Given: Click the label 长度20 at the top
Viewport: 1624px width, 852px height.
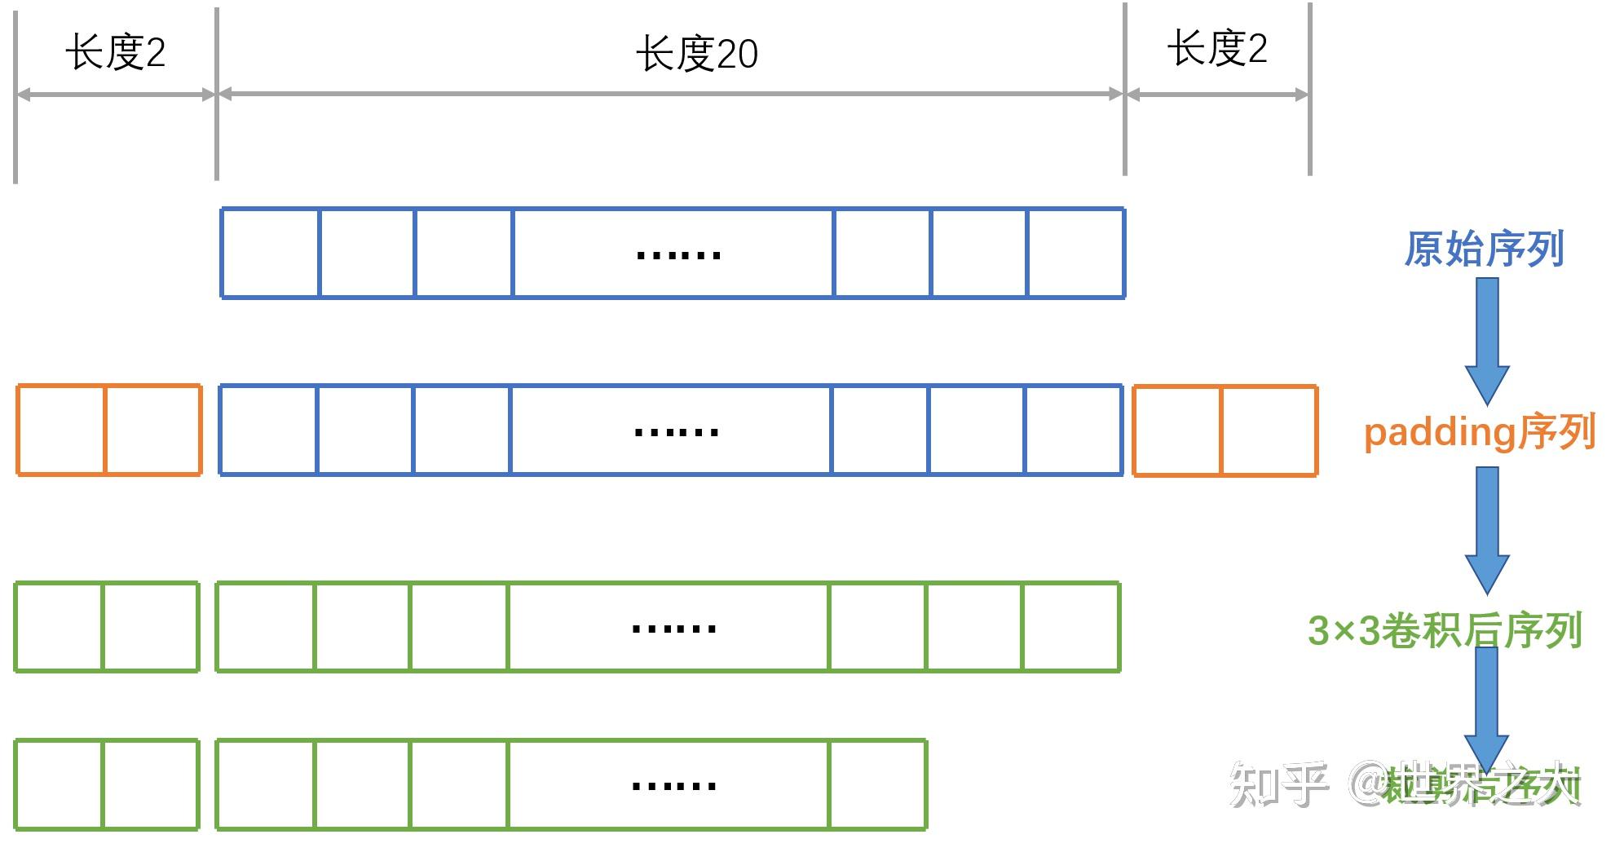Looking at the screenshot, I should (696, 54).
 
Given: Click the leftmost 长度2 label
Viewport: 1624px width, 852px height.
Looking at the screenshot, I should (115, 53).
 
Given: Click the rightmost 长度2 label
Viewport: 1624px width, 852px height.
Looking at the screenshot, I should (1216, 48).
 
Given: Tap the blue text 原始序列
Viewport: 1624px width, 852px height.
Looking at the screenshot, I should (1484, 248).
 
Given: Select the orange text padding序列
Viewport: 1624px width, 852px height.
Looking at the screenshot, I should (1479, 432).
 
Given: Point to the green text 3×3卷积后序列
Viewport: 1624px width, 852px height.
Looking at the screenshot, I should (1445, 630).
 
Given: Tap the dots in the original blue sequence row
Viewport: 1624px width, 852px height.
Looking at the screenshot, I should (677, 255).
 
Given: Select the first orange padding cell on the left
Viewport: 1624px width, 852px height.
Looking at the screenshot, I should (61, 430).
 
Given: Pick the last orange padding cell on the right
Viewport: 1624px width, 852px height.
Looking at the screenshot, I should (1269, 430).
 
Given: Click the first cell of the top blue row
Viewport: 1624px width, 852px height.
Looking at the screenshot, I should (270, 253).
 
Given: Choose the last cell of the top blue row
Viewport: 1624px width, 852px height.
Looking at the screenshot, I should (1075, 253).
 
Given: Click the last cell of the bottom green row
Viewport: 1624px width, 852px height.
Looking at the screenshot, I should (877, 784).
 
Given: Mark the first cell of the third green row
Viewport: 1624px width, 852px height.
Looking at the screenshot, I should (59, 626).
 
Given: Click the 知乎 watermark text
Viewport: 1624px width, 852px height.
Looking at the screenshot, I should (1278, 784).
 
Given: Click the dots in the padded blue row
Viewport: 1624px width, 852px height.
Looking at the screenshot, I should (676, 432).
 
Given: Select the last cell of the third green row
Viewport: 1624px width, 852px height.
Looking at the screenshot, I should (1070, 626).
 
